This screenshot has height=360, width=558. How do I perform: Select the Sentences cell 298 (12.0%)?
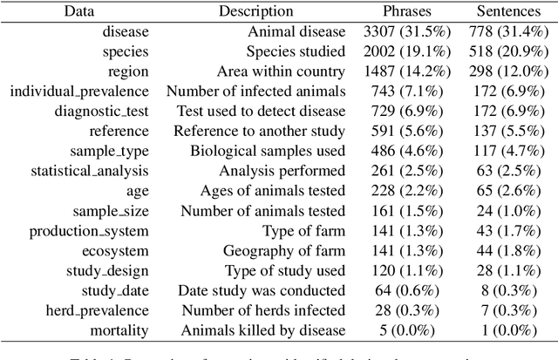509,71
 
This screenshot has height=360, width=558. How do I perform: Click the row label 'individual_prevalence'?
80,92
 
